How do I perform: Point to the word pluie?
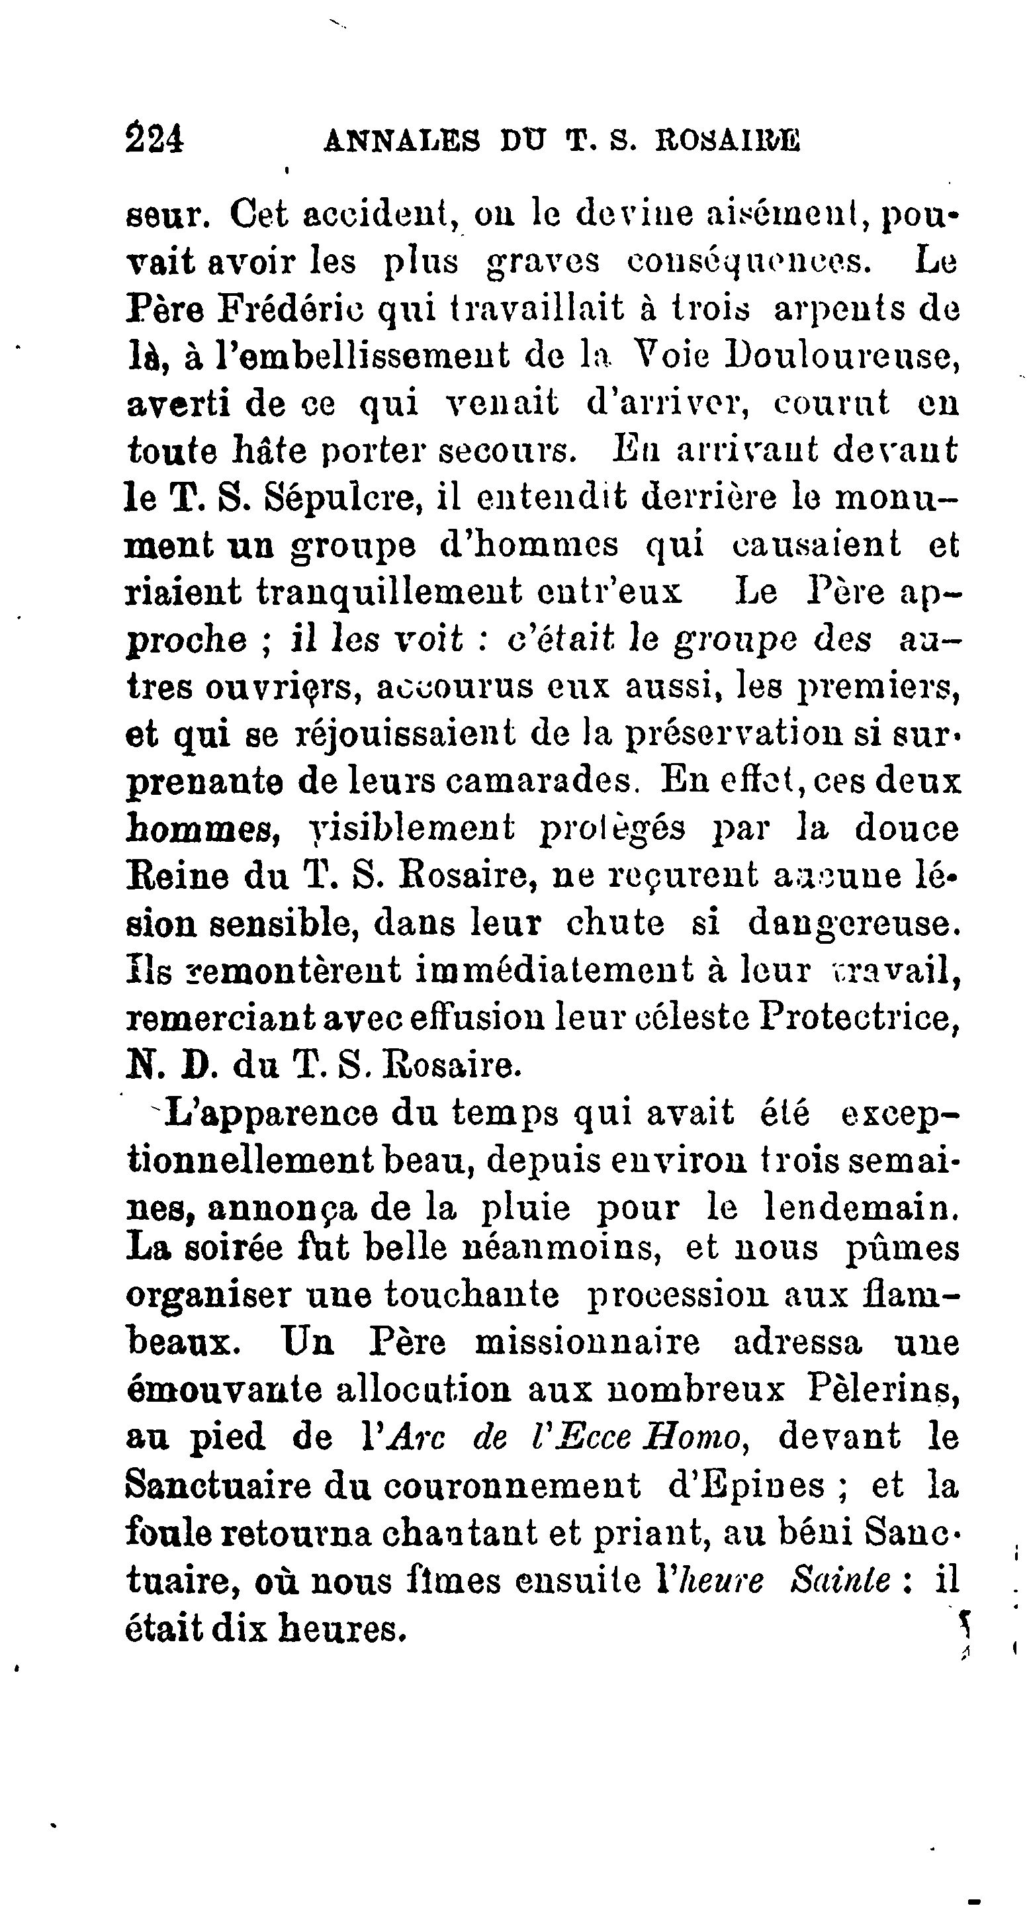pos(526,1208)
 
